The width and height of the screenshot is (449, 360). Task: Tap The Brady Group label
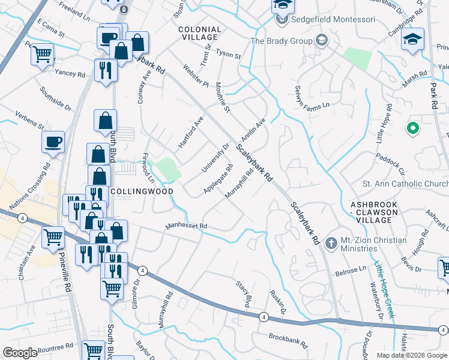coord(281,41)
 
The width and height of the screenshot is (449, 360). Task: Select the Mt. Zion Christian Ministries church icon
coord(330,244)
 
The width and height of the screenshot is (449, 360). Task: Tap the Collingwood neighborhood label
coord(143,191)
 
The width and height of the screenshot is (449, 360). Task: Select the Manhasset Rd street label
coord(186,227)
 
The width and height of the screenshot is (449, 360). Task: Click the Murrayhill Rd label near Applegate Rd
coord(239,184)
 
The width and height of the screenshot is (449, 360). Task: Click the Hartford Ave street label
coord(191,133)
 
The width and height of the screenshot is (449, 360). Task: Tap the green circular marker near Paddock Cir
coord(412,128)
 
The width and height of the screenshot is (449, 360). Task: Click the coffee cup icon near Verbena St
coord(53,142)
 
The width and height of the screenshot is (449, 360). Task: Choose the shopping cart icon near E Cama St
coord(42,55)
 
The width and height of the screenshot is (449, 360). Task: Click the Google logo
coord(20,353)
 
